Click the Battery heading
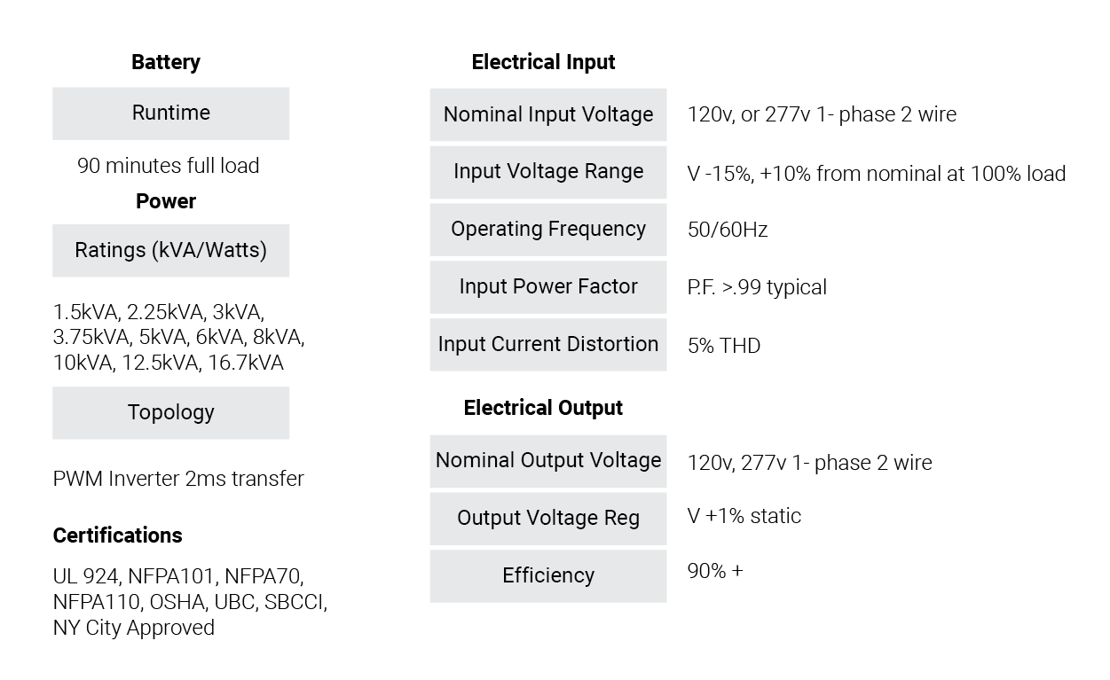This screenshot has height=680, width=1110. click(x=166, y=62)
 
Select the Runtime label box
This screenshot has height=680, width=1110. click(x=171, y=113)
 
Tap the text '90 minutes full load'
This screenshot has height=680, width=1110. click(x=168, y=166)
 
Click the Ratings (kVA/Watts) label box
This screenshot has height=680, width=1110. click(x=171, y=250)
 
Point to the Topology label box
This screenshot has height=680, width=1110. click(x=171, y=412)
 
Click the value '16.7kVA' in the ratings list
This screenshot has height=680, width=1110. click(x=245, y=363)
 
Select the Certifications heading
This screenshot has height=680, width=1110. click(x=117, y=535)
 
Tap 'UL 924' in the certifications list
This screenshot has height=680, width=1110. click(x=85, y=576)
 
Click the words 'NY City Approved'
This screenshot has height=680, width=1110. click(x=134, y=628)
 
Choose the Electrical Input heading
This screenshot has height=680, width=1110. click(x=543, y=62)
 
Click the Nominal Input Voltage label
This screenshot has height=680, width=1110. click(x=548, y=114)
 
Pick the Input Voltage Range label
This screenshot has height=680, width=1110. click(x=548, y=172)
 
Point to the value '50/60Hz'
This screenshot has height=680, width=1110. click(x=728, y=230)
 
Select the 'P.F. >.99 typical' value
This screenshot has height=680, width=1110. click(x=757, y=287)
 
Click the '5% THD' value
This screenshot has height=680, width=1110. click(x=724, y=346)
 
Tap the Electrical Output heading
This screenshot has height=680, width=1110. click(x=543, y=408)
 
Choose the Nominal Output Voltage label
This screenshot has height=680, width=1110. click(x=548, y=461)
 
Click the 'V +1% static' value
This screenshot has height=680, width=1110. click(x=744, y=516)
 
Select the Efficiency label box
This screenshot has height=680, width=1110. click(x=548, y=576)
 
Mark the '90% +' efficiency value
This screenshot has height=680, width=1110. click(x=715, y=571)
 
